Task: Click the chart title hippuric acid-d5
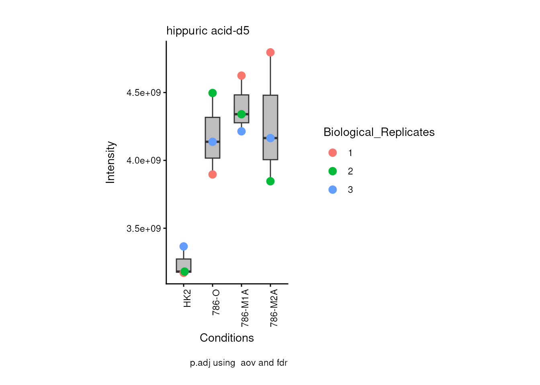pyautogui.click(x=208, y=31)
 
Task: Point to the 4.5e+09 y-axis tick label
pyautogui.click(x=143, y=93)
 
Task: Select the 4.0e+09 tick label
pyautogui.click(x=143, y=161)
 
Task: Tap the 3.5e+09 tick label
pyautogui.click(x=143, y=229)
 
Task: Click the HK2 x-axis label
pyautogui.click(x=187, y=298)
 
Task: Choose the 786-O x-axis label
pyautogui.click(x=216, y=302)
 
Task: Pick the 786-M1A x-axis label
pyautogui.click(x=245, y=308)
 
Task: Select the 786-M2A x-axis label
pyautogui.click(x=274, y=308)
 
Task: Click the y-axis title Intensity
pyautogui.click(x=110, y=162)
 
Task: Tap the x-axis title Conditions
pyautogui.click(x=227, y=338)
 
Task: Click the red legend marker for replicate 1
pyautogui.click(x=333, y=153)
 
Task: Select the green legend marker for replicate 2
pyautogui.click(x=333, y=171)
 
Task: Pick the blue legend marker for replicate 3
pyautogui.click(x=333, y=190)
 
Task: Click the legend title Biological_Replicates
pyautogui.click(x=379, y=132)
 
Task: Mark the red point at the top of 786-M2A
pyautogui.click(x=270, y=53)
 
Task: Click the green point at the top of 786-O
pyautogui.click(x=213, y=93)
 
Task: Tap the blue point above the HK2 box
pyautogui.click(x=184, y=246)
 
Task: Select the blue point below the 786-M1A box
pyautogui.click(x=241, y=131)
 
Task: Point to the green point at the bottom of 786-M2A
pyautogui.click(x=270, y=181)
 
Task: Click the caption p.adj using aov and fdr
pyautogui.click(x=239, y=363)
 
